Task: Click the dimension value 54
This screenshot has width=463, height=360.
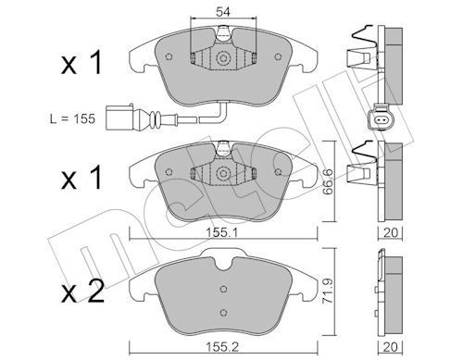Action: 223,12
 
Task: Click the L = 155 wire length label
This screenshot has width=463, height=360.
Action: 73,118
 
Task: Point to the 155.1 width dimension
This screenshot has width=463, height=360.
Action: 222,233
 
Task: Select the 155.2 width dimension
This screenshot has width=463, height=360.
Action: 222,347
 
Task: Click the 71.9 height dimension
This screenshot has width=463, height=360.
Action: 328,291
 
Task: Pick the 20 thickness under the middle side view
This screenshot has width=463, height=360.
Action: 391,232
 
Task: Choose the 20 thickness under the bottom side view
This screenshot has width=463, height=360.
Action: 391,347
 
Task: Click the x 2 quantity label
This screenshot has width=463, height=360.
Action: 82,292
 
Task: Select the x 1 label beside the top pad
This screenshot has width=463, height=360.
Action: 81,63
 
